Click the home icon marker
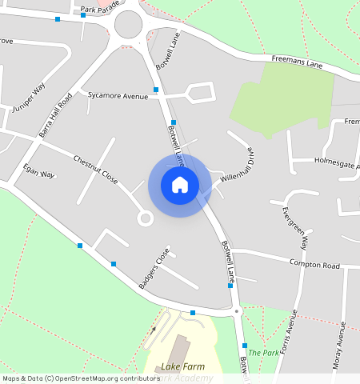pos(180,186)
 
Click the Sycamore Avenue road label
pos(118,95)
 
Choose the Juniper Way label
pos(29,96)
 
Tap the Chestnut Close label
pos(96,169)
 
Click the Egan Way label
pos(38,171)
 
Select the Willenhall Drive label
pos(238,166)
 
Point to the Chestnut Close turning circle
pos(145,218)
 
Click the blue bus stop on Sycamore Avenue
pos(156,90)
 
